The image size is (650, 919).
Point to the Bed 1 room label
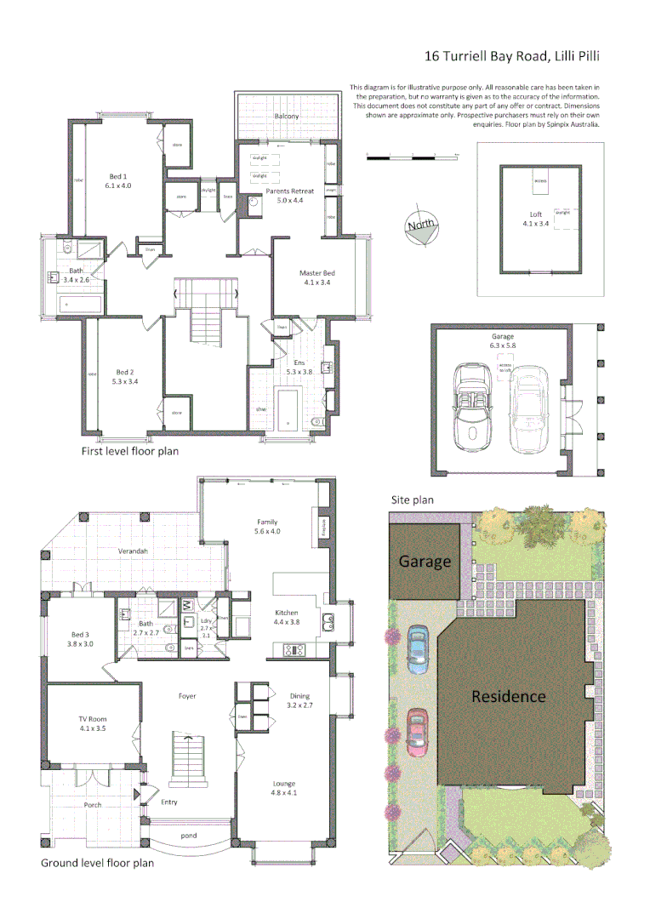click(118, 180)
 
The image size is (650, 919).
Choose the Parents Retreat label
click(289, 196)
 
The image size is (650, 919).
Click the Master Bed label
click(314, 277)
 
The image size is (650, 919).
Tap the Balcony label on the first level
click(287, 116)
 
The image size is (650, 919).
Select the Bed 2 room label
click(125, 376)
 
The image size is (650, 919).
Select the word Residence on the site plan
click(509, 696)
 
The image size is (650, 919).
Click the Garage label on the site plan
click(425, 562)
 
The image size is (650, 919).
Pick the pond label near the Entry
click(189, 836)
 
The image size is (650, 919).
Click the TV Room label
click(93, 724)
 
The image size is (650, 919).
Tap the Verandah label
click(134, 552)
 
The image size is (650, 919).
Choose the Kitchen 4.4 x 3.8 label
click(287, 617)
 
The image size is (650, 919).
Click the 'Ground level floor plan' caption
click(98, 863)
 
